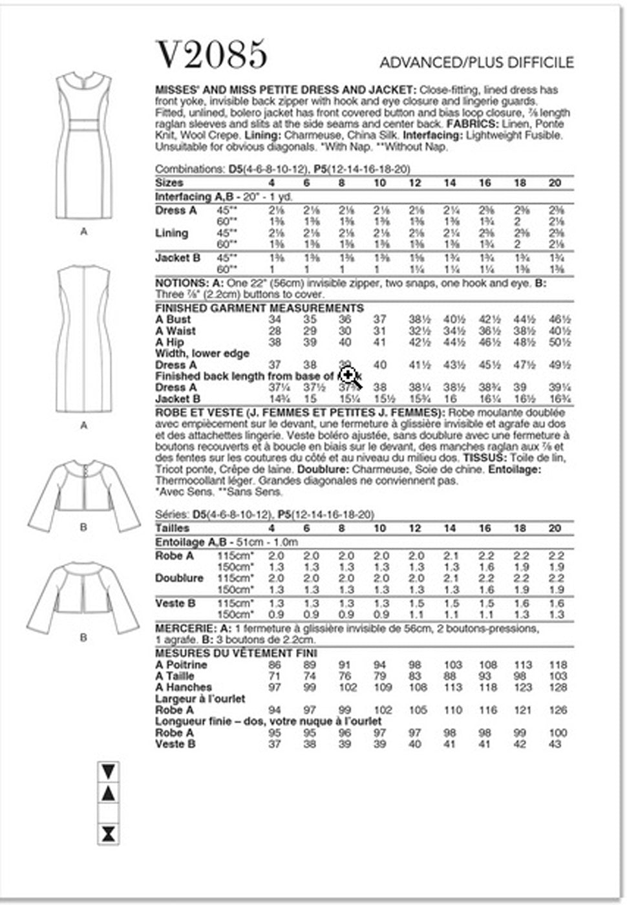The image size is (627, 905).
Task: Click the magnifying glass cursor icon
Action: (348, 375)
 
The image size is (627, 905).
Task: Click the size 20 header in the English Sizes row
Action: (555, 183)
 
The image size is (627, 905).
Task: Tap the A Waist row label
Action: (175, 331)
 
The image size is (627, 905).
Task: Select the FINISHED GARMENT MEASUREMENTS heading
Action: (259, 308)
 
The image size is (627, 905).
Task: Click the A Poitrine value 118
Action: (557, 665)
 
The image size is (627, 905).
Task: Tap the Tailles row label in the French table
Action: (173, 528)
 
